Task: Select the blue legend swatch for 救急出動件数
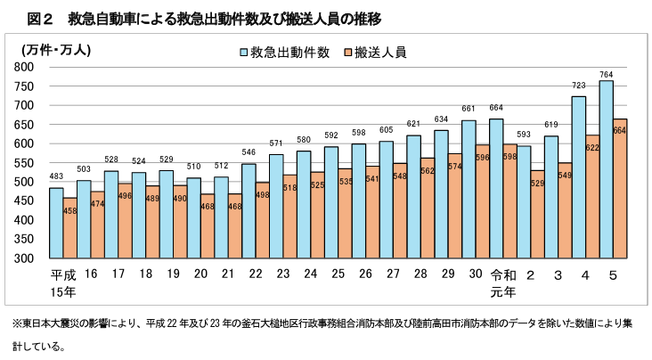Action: click(x=242, y=53)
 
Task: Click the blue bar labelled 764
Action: click(x=606, y=169)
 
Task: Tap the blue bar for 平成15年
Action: click(x=56, y=223)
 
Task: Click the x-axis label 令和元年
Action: click(x=503, y=282)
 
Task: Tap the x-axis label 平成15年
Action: click(x=63, y=282)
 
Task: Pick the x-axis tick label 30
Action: click(x=476, y=275)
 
